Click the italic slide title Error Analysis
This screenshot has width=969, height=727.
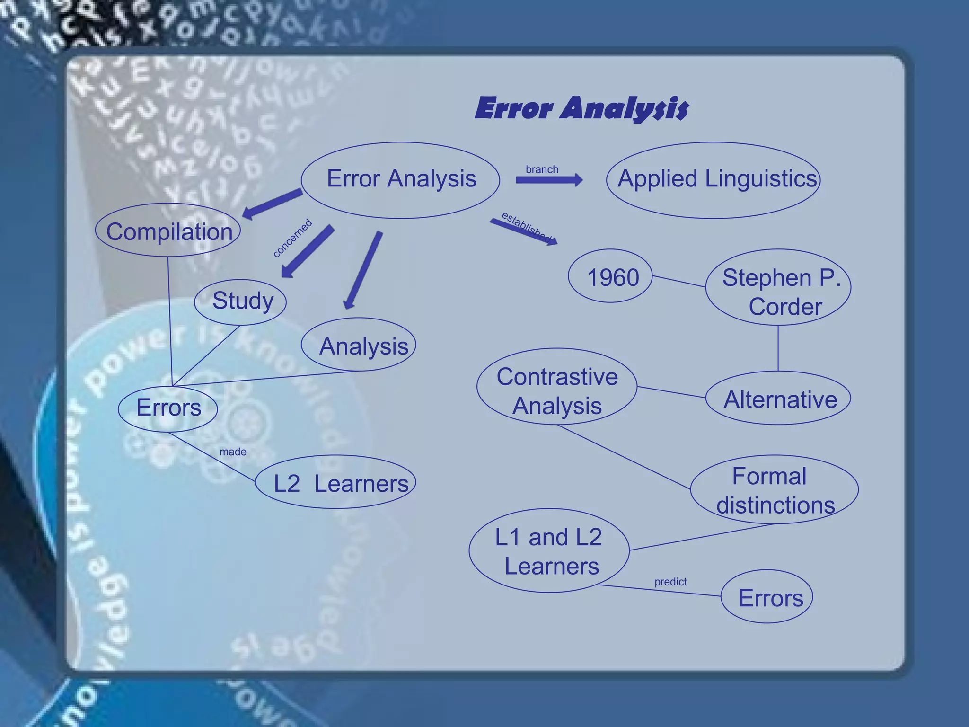click(581, 108)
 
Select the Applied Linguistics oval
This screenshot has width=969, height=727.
click(713, 180)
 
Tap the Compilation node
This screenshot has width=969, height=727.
click(168, 231)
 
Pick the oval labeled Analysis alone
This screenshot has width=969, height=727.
click(359, 345)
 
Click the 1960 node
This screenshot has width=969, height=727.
click(610, 276)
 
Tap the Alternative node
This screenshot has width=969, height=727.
click(778, 399)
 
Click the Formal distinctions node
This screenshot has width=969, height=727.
click(774, 490)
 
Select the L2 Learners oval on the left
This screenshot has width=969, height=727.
click(336, 483)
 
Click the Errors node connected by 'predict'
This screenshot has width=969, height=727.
click(767, 597)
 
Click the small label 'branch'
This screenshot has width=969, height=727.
click(542, 169)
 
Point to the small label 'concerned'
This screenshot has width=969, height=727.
click(292, 238)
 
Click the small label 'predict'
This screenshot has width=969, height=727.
click(670, 582)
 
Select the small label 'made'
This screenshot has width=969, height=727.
click(233, 452)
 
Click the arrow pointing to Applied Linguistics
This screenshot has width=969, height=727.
click(549, 180)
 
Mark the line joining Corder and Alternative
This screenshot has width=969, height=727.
click(778, 348)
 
